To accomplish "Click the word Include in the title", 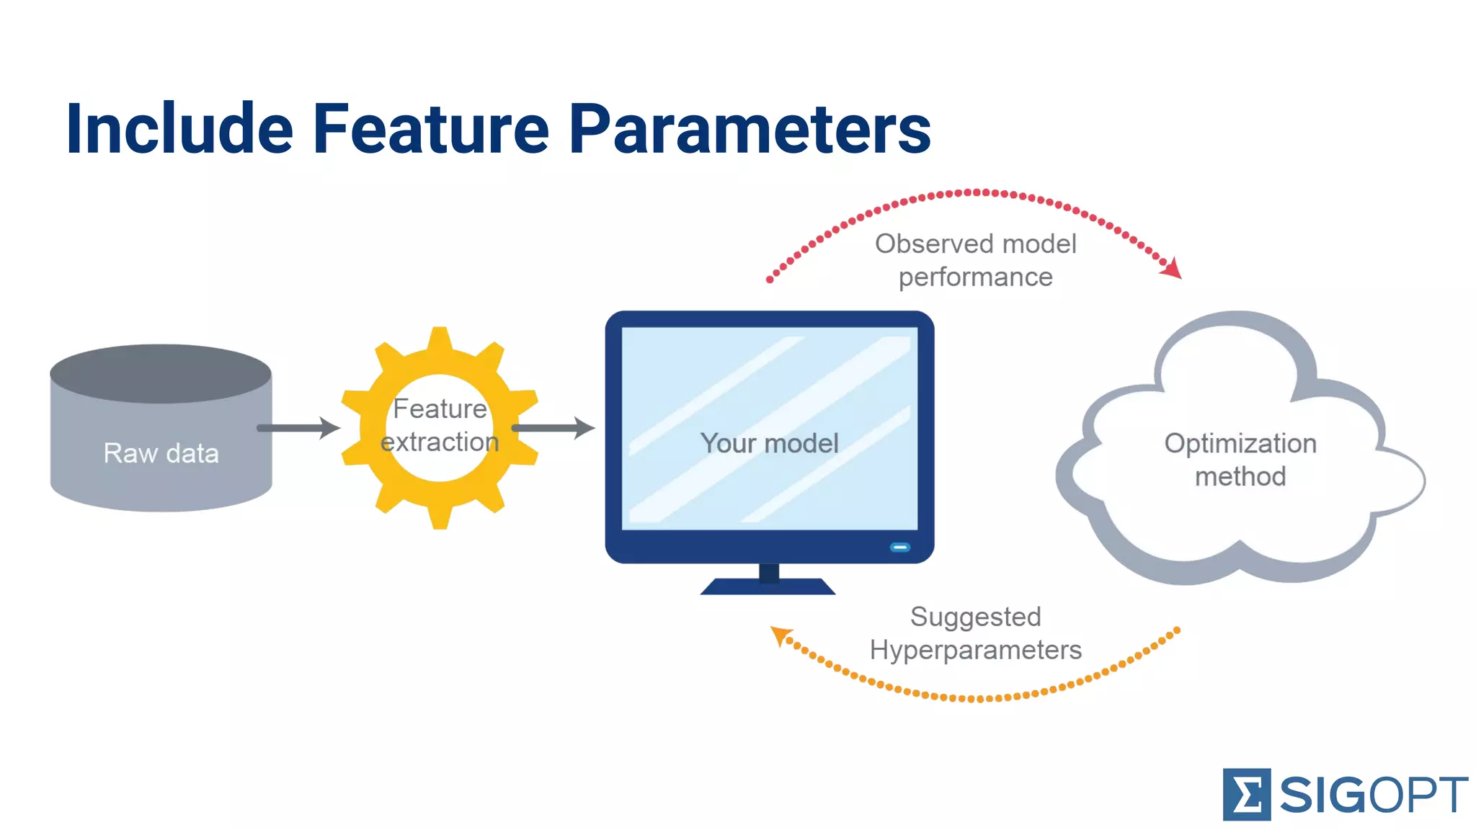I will (179, 129).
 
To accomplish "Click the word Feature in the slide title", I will (431, 129).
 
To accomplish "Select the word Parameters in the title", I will (750, 129).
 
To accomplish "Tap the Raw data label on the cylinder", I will (161, 453).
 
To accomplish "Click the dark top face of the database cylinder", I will (161, 373).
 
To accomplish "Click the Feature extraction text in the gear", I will (440, 425).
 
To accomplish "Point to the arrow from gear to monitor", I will (553, 428).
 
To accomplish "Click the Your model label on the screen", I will (769, 443).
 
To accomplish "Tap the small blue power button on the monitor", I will (900, 548).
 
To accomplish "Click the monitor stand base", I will (768, 586).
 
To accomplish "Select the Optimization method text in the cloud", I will (1240, 460).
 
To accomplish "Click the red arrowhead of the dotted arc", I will (1172, 269).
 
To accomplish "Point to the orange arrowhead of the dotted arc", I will (780, 635).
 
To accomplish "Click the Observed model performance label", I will (976, 260).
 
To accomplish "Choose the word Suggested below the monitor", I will (976, 617).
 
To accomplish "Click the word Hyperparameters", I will (976, 650).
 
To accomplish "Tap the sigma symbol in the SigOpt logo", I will (1246, 795).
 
